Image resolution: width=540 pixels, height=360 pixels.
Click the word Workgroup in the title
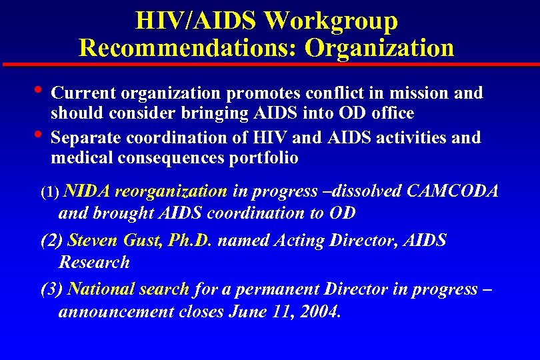click(331, 21)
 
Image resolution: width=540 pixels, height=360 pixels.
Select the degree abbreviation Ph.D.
click(190, 241)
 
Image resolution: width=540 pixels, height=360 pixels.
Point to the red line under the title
click(270, 65)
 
